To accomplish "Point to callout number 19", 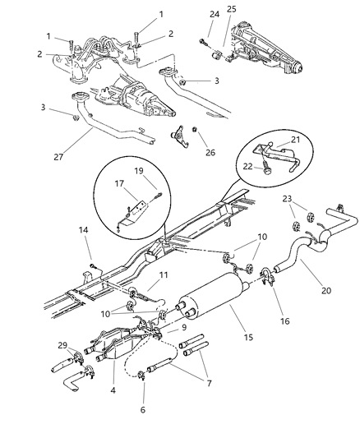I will pos(138,172).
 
